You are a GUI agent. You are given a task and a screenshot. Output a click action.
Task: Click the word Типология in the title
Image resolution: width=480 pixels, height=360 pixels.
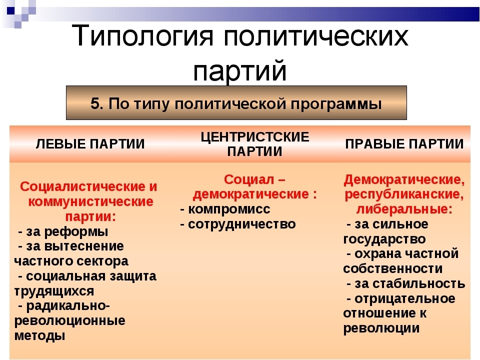(142, 36)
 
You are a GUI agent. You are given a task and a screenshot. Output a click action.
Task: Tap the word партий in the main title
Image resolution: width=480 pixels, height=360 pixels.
(240, 70)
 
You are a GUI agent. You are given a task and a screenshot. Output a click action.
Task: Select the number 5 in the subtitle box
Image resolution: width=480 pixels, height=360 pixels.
(95, 103)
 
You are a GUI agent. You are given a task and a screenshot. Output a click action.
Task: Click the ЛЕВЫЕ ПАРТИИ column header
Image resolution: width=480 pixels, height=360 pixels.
(90, 144)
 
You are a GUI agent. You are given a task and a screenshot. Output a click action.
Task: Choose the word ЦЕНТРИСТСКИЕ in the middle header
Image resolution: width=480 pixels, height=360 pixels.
(255, 137)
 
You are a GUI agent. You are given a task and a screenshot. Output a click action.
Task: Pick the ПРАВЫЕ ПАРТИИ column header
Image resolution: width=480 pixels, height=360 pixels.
(404, 144)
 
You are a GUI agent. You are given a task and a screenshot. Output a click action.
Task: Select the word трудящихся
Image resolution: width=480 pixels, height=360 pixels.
(54, 291)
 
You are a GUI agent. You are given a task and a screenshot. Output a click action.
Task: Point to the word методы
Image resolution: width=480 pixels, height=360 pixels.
(40, 336)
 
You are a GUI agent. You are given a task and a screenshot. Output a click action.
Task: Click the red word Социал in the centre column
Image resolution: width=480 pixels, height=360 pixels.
(249, 179)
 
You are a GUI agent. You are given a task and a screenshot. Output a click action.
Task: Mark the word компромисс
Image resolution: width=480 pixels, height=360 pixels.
(229, 209)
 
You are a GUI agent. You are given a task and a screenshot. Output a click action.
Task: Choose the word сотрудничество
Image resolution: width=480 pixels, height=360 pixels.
(242, 224)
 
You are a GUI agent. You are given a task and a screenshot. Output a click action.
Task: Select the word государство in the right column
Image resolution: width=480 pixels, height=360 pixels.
(384, 239)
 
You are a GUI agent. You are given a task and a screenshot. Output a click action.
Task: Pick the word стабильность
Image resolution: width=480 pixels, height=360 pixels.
(410, 284)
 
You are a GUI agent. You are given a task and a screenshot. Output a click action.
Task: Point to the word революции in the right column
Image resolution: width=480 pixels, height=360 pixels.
(381, 328)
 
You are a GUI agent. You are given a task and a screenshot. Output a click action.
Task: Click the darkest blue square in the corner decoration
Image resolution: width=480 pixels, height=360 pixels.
(10, 11)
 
